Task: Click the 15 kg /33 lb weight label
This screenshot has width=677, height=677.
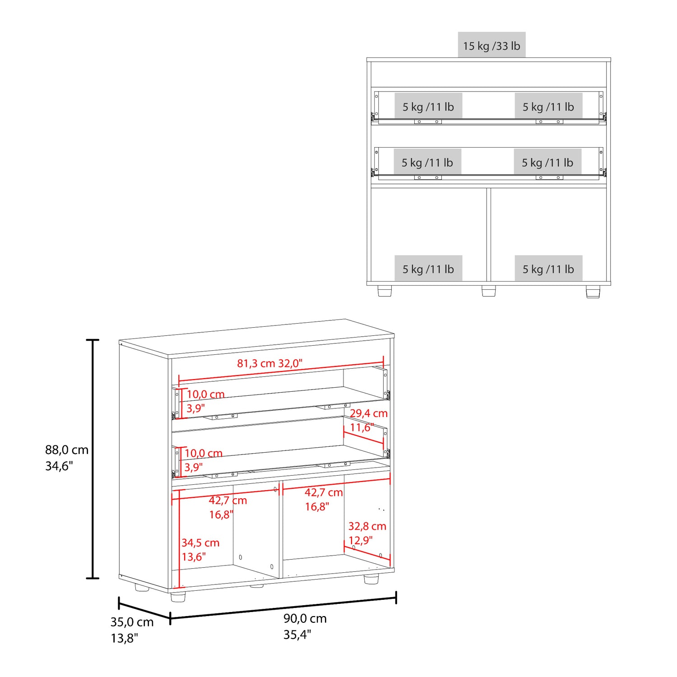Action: [x=492, y=46]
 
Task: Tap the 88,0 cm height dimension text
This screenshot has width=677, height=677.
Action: [x=67, y=450]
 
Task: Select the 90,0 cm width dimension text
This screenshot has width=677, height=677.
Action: [x=305, y=619]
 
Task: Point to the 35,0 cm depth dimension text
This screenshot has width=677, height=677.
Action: [x=132, y=622]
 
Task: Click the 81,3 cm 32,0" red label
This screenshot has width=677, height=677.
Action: [x=270, y=363]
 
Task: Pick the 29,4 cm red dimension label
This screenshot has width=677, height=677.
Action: [x=369, y=413]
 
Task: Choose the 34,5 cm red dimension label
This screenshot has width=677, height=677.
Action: [x=200, y=543]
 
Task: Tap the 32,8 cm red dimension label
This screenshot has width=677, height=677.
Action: [x=367, y=526]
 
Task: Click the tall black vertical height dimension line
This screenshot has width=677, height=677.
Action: [x=93, y=459]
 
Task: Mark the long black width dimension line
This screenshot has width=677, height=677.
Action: [x=283, y=608]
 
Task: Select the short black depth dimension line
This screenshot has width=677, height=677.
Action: [x=144, y=611]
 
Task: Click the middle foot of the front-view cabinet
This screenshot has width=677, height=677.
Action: [x=489, y=291]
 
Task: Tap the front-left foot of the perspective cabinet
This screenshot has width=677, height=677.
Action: [x=178, y=597]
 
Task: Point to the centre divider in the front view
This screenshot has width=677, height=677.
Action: [x=489, y=235]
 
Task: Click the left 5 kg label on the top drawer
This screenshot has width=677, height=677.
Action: [x=428, y=107]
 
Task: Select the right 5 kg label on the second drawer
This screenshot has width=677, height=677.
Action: [x=547, y=162]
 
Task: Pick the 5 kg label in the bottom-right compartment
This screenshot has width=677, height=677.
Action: [x=548, y=269]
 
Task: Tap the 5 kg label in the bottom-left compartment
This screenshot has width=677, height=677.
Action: [x=428, y=269]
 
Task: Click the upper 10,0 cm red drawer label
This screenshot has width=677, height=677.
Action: [x=206, y=394]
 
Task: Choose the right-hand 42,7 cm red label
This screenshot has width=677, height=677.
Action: [x=324, y=492]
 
